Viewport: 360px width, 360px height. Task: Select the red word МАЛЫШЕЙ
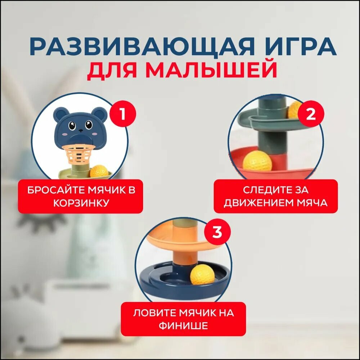211,69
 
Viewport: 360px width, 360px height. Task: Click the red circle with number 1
123,114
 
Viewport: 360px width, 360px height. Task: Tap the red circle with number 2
311,114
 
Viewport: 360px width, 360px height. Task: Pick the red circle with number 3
217,232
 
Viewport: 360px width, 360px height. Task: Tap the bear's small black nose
81,131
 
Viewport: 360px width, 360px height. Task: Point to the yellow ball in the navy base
202,274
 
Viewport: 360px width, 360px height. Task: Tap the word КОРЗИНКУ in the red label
81,203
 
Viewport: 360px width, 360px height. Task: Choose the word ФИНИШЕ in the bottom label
183,325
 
